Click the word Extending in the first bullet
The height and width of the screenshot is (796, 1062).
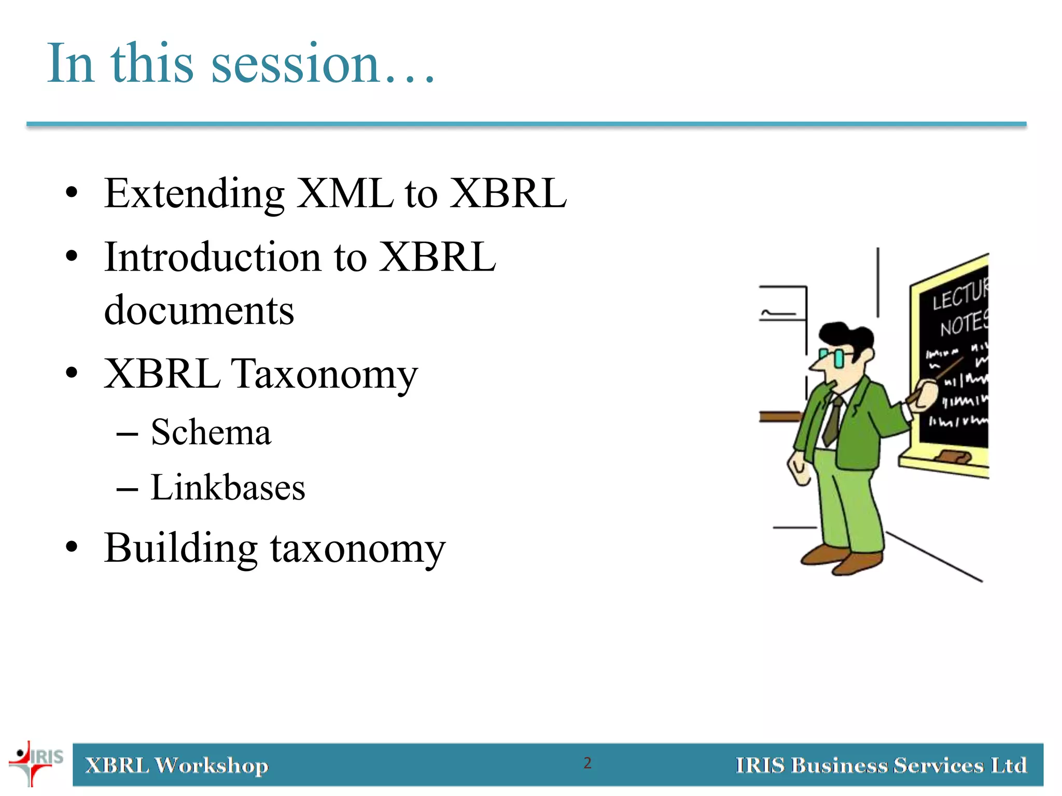click(x=194, y=194)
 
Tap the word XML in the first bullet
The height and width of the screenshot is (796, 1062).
click(x=344, y=194)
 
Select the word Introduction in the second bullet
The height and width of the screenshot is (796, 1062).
click(x=213, y=258)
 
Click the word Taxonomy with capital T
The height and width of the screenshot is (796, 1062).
click(x=324, y=374)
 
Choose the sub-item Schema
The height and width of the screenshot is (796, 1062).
click(x=211, y=432)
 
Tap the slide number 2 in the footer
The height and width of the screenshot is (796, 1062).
click(x=587, y=763)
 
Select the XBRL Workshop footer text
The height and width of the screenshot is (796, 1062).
click(x=177, y=765)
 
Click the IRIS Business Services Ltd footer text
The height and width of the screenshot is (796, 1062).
click(x=881, y=765)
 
